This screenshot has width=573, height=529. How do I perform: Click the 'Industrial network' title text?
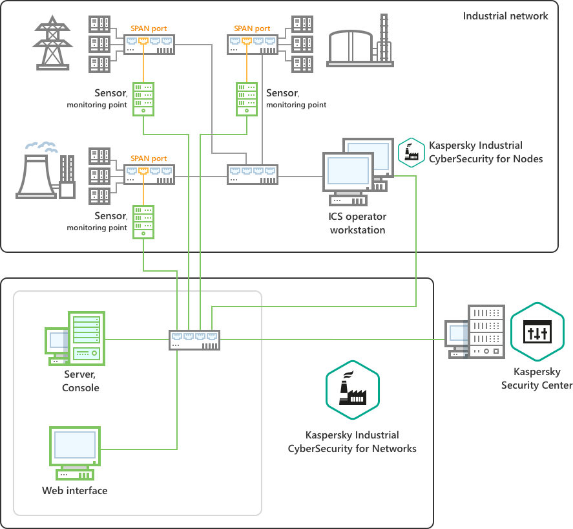pyautogui.click(x=505, y=16)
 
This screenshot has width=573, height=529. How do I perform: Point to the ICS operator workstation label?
pyautogui.click(x=357, y=223)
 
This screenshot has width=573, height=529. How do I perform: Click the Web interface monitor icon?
pyautogui.click(x=75, y=448)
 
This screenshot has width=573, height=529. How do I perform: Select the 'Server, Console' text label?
pyautogui.click(x=81, y=381)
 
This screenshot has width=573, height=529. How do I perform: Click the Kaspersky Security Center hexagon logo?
pyautogui.click(x=537, y=332)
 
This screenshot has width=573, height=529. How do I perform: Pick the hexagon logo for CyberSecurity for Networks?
pyautogui.click(x=352, y=391)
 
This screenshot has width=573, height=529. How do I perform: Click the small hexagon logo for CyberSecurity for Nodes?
pyautogui.click(x=411, y=153)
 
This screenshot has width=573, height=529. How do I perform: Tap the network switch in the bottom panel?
pyautogui.click(x=195, y=340)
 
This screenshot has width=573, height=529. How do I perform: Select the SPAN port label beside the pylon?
pyautogui.click(x=149, y=28)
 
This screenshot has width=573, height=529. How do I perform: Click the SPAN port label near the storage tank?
pyautogui.click(x=252, y=28)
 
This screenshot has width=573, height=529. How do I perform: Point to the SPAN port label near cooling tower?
pyautogui.click(x=149, y=158)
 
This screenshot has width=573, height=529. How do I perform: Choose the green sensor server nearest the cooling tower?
pyautogui.click(x=143, y=221)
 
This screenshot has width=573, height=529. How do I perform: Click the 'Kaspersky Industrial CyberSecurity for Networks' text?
pyautogui.click(x=352, y=442)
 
